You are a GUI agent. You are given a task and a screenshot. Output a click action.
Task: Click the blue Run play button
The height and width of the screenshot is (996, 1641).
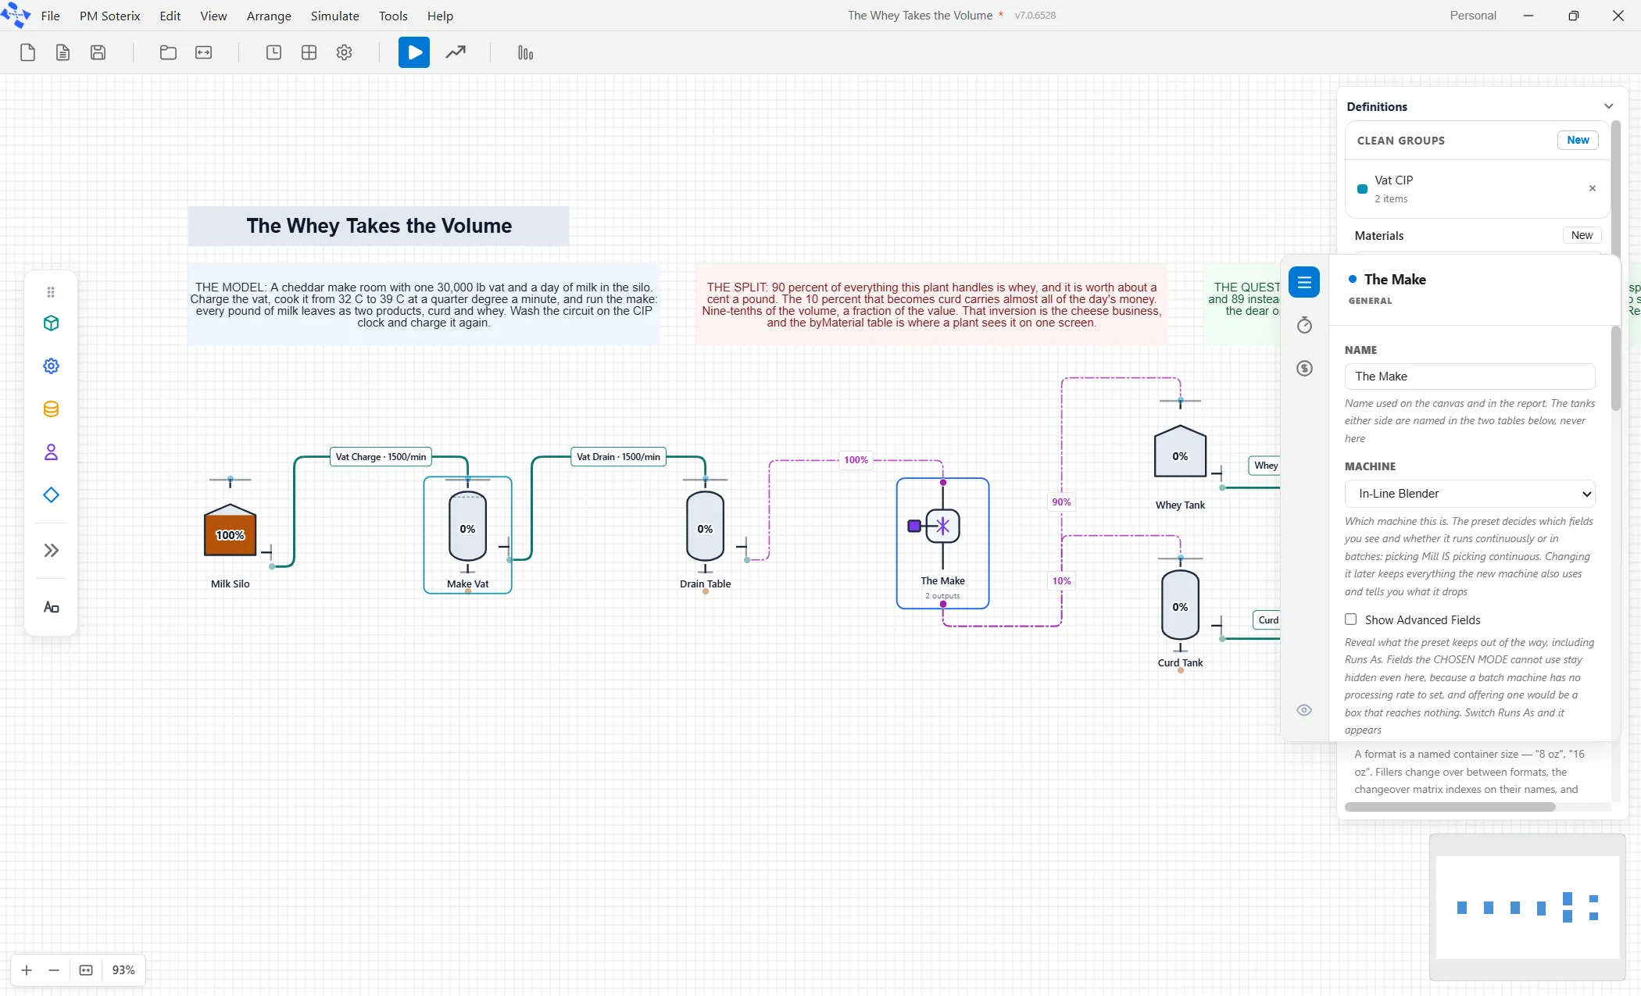pyautogui.click(x=414, y=52)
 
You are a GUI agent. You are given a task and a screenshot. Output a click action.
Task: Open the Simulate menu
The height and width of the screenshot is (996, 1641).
pyautogui.click(x=334, y=16)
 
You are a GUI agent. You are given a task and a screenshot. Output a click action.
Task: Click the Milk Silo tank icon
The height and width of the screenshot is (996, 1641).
pyautogui.click(x=231, y=530)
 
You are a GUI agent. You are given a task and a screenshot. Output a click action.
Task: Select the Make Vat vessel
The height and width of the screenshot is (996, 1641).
pyautogui.click(x=467, y=527)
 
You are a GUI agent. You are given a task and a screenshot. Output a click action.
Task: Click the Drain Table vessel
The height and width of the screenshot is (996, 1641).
pyautogui.click(x=705, y=527)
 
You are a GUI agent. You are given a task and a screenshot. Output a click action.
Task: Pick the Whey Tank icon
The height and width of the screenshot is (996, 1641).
pyautogui.click(x=1180, y=451)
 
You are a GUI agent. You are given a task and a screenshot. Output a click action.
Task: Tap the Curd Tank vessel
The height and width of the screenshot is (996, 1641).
pyautogui.click(x=1180, y=605)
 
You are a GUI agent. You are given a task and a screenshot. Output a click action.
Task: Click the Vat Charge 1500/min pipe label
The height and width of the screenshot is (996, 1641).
pyautogui.click(x=381, y=457)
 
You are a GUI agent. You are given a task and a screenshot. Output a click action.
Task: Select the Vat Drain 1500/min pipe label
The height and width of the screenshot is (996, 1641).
pyautogui.click(x=618, y=457)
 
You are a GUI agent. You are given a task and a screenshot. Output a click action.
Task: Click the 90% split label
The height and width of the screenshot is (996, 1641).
pyautogui.click(x=1061, y=502)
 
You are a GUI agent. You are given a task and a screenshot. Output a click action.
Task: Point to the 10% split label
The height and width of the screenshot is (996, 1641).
pyautogui.click(x=1061, y=581)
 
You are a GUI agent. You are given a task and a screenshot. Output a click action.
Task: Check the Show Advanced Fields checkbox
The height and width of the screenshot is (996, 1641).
pyautogui.click(x=1350, y=619)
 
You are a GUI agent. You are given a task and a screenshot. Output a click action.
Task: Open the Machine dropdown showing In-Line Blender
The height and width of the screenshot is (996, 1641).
pyautogui.click(x=1470, y=494)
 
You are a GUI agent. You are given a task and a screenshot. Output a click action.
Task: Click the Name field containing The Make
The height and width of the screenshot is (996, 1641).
pyautogui.click(x=1470, y=377)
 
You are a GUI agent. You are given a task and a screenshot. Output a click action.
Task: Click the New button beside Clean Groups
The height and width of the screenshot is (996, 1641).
pyautogui.click(x=1578, y=141)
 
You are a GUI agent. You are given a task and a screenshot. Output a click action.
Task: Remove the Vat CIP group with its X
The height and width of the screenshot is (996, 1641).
pyautogui.click(x=1593, y=188)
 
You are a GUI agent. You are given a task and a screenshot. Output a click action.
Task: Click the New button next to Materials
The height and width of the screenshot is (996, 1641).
pyautogui.click(x=1582, y=235)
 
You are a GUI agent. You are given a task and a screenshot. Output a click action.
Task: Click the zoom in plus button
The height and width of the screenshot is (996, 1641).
pyautogui.click(x=27, y=970)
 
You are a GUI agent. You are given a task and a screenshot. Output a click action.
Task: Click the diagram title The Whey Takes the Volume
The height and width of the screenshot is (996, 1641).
pyautogui.click(x=379, y=226)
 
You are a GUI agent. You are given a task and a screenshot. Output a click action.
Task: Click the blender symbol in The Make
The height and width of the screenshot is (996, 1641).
pyautogui.click(x=942, y=526)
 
